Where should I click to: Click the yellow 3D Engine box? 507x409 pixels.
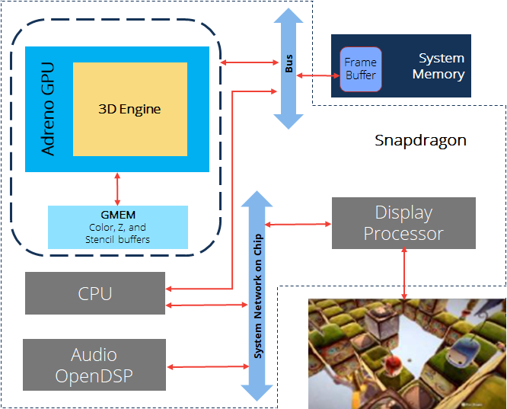[x=130, y=109]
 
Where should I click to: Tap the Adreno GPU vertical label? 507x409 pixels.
[x=49, y=109]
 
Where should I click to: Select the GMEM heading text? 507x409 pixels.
[x=118, y=215]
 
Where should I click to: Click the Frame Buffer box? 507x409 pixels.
[x=361, y=69]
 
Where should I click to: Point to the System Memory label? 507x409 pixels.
[x=438, y=66]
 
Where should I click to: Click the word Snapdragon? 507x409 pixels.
[x=420, y=141]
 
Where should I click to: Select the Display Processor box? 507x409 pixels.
[x=403, y=223]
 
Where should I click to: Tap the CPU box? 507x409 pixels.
[x=95, y=293]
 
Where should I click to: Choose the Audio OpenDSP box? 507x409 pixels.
[x=94, y=365]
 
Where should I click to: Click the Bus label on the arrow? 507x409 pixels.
[x=289, y=63]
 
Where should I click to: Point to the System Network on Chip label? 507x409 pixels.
[x=258, y=296]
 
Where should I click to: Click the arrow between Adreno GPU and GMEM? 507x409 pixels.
[x=117, y=189]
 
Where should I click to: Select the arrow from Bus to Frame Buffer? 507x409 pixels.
[x=318, y=75]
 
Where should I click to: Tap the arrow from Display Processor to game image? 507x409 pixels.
[x=404, y=273]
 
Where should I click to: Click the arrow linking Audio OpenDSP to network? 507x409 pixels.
[x=209, y=366]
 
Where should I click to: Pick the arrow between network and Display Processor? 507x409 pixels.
[x=298, y=224]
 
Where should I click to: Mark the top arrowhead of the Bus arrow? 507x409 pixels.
[x=289, y=15]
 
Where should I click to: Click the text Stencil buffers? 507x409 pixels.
[x=117, y=240]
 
